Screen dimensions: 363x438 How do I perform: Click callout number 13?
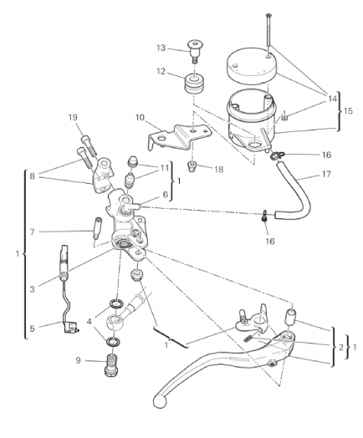pyautogui.click(x=161, y=48)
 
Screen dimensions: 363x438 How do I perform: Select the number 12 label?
pyautogui.click(x=161, y=72)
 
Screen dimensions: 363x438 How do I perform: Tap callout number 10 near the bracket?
pyautogui.click(x=141, y=118)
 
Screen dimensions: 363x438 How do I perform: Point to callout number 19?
pyautogui.click(x=73, y=117)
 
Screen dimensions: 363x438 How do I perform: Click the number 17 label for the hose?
pyautogui.click(x=326, y=175)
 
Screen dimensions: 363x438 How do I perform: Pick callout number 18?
pyautogui.click(x=219, y=170)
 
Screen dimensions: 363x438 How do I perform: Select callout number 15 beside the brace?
pyautogui.click(x=348, y=111)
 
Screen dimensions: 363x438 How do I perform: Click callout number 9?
pyautogui.click(x=79, y=360)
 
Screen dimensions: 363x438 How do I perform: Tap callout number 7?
pyautogui.click(x=33, y=232)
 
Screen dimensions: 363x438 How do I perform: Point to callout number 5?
pyautogui.click(x=33, y=328)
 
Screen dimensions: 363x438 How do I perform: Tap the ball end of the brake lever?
pyautogui.click(x=160, y=401)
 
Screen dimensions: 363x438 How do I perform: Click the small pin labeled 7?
pyautogui.click(x=98, y=228)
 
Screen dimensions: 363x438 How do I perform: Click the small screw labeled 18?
pyautogui.click(x=192, y=166)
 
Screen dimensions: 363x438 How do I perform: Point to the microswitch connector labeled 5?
pyautogui.click(x=71, y=327)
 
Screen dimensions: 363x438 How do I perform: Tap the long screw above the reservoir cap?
pyautogui.click(x=268, y=35)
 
